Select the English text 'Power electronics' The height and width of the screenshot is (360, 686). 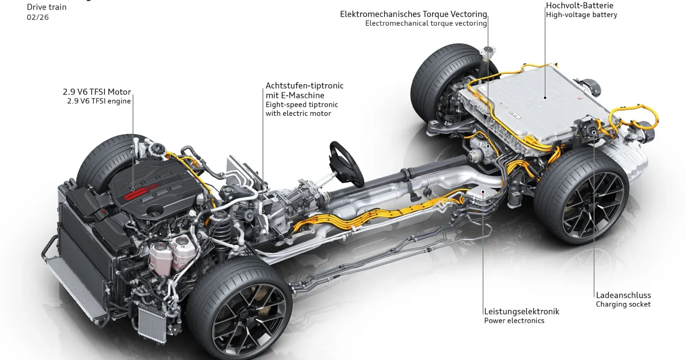point(514,321)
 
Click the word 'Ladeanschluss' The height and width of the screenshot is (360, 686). point(623,295)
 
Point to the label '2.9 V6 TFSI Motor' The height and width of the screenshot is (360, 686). point(97,92)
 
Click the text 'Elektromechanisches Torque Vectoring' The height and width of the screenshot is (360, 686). point(413,14)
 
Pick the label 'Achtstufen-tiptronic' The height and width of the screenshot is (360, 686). point(304,86)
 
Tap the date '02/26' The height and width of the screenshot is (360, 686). point(38,17)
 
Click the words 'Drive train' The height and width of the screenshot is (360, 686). point(47,7)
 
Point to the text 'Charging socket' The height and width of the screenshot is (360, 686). point(623,304)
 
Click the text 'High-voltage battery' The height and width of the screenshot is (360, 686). point(581,15)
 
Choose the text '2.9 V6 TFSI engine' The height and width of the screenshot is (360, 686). point(99,101)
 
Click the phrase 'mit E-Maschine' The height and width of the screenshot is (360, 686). point(295,95)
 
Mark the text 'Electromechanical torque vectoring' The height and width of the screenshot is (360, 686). point(426,23)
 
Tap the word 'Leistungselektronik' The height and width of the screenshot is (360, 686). point(521,312)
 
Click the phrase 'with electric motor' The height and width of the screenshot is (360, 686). point(298,114)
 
